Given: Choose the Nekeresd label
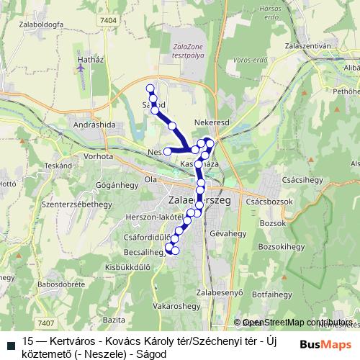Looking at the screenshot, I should pos(212,122).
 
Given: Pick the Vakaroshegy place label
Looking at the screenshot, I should pos(176,305).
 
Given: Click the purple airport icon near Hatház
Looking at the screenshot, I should pos(80,68).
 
